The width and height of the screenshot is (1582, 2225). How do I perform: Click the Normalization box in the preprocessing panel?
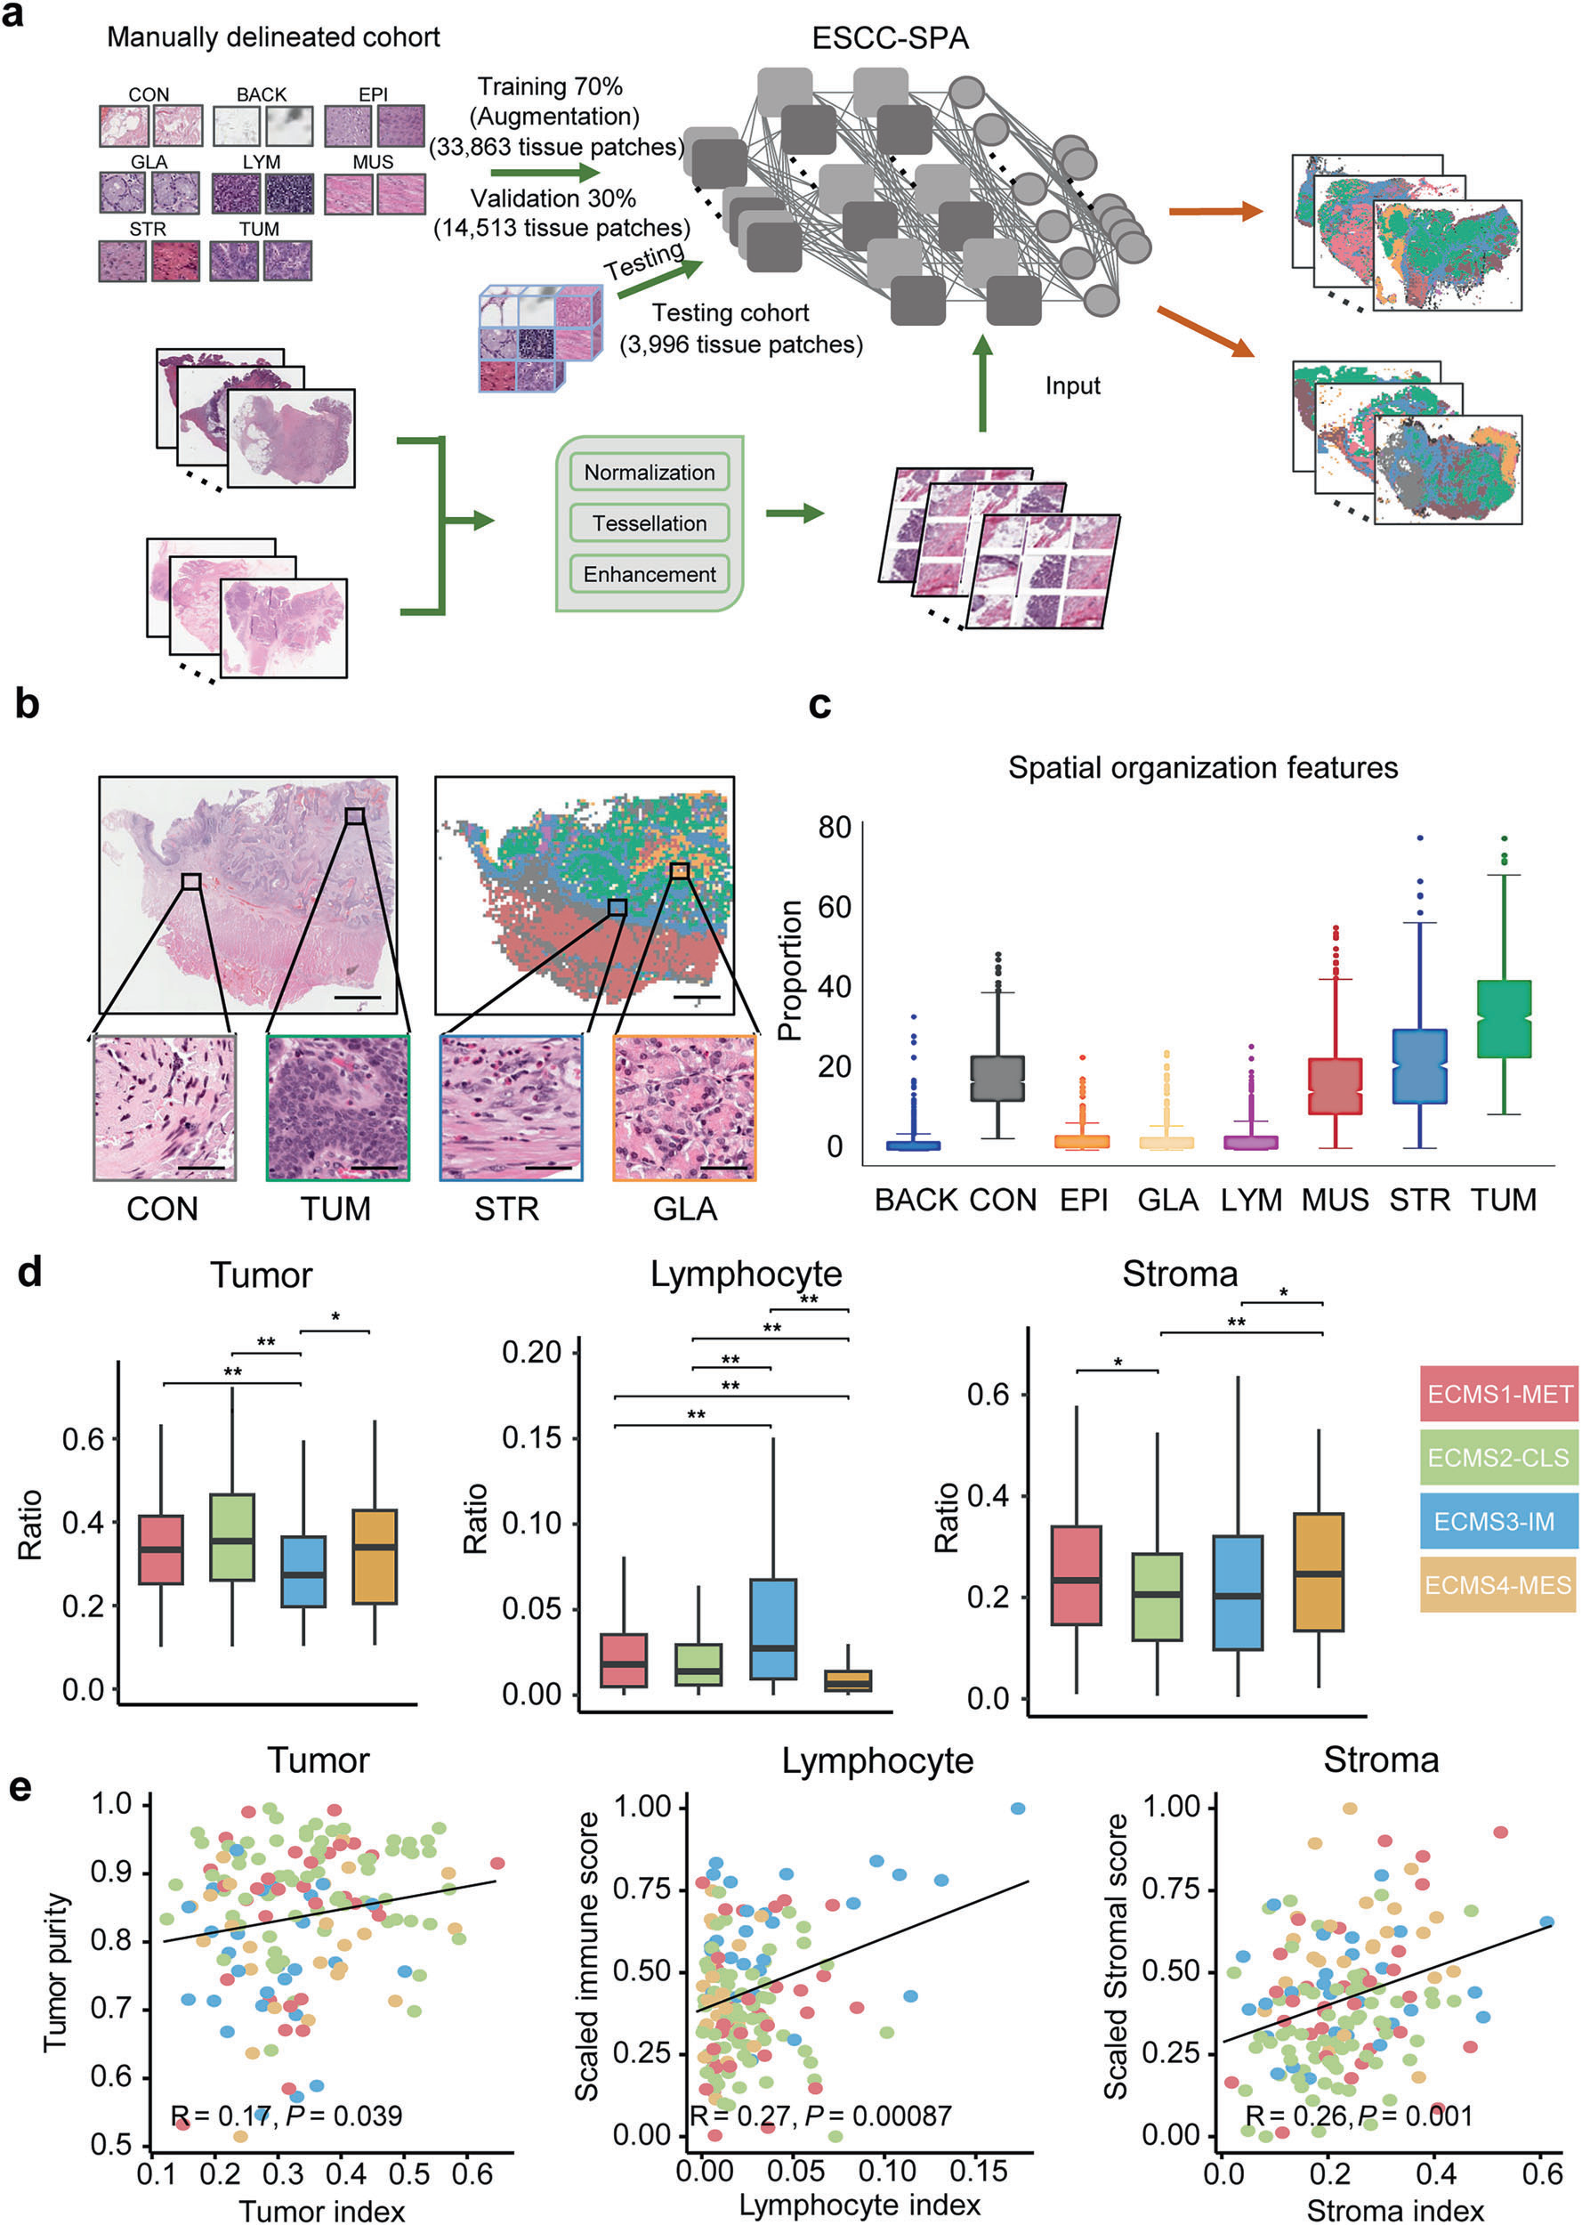coord(649,473)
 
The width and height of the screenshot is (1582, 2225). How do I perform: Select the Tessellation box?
coord(649,523)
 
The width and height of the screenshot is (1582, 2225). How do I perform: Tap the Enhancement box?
coord(649,575)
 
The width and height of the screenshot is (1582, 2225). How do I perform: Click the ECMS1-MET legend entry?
coord(1498,1394)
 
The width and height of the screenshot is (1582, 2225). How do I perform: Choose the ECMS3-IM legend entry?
coord(1498,1521)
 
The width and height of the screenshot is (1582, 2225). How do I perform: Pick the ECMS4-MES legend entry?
coord(1498,1585)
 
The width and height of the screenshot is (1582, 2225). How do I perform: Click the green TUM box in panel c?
coord(1504,1018)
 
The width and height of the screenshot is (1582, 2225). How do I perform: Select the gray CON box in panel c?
coord(997,1079)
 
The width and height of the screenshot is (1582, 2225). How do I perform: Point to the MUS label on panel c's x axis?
coord(1336,1201)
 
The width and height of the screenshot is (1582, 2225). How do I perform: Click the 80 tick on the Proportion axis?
coord(835,828)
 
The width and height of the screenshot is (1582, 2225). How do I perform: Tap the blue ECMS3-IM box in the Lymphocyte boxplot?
coord(773,1628)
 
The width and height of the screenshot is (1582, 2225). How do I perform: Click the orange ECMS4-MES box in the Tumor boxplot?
coord(375,1556)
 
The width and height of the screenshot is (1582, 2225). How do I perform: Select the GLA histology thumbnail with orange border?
coord(684,1109)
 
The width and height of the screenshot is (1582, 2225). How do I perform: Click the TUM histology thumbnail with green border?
coord(337,1109)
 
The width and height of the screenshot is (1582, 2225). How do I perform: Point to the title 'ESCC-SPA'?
coord(890,38)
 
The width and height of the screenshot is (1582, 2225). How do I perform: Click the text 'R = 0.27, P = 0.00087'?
coord(821,2115)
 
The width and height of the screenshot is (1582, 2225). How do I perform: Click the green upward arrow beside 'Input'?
coord(982,384)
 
